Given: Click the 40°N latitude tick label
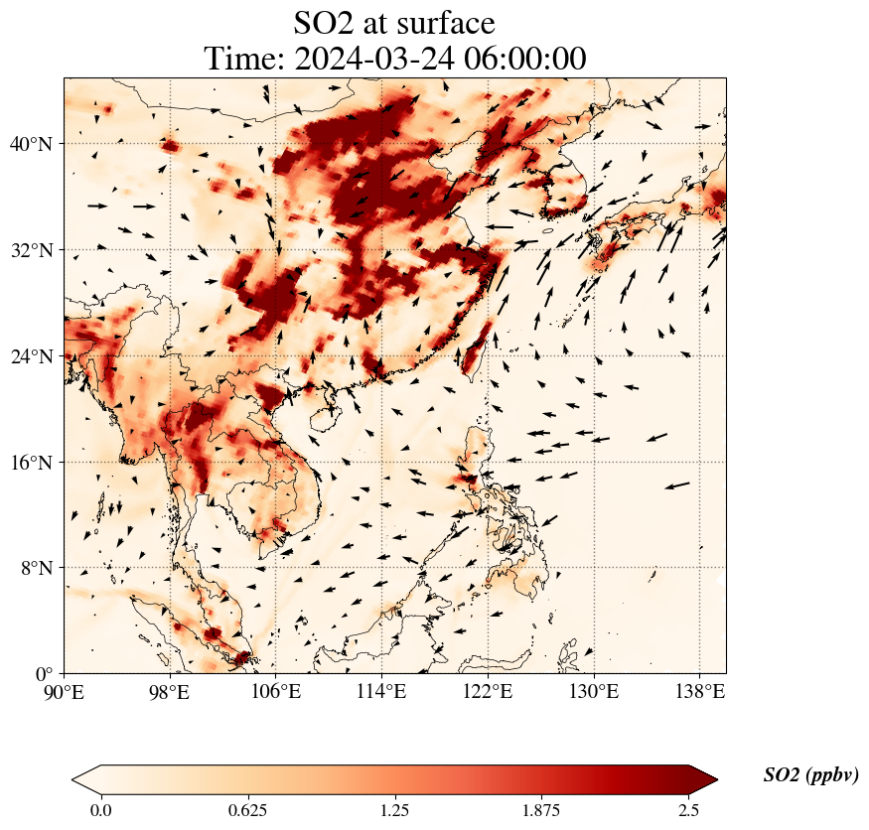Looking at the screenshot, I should pos(31,144).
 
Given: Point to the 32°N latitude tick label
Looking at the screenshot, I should pos(31,250).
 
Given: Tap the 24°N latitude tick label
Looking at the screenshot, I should pos(31,356).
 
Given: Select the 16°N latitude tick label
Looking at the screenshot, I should pos(31,463).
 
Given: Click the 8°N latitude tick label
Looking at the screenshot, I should pos(36,568).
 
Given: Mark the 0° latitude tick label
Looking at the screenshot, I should pos(45,674).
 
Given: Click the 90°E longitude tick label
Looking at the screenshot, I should pos(64,692).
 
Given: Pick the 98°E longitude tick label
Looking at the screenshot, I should pos(170,692).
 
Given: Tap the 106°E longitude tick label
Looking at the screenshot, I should pos(276,692).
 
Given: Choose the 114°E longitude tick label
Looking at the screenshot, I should pos(381,692).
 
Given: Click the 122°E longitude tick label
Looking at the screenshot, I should pos(488,692).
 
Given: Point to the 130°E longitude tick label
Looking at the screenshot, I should pos(594,692).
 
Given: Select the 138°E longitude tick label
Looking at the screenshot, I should pos(699,692).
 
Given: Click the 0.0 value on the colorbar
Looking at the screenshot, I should pos(100,810).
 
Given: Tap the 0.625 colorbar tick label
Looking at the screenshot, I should pos(247,810).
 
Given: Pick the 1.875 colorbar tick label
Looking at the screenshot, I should pos(542,810).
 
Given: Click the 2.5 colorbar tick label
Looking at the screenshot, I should pos(689,810).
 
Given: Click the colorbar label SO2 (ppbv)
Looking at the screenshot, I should pos(810,775).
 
